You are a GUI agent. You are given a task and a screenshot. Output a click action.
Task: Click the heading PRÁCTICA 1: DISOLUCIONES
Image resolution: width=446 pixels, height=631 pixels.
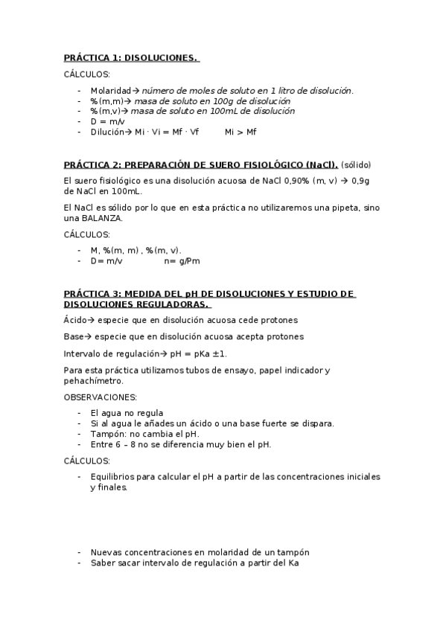point(131,57)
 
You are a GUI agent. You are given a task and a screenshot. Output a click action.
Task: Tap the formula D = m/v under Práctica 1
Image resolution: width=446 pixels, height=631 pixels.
point(108,121)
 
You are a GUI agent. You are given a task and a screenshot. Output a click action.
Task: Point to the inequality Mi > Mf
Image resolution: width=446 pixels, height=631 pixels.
point(240,132)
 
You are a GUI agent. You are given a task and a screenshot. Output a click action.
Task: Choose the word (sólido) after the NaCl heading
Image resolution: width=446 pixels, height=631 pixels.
point(356,164)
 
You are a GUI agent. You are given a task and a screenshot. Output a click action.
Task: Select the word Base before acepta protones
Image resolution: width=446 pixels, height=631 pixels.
point(73,336)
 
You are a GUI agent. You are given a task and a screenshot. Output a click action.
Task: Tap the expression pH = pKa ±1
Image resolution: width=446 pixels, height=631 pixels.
point(193,353)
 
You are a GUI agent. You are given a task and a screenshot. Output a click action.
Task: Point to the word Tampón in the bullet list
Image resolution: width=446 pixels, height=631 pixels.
point(107,434)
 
